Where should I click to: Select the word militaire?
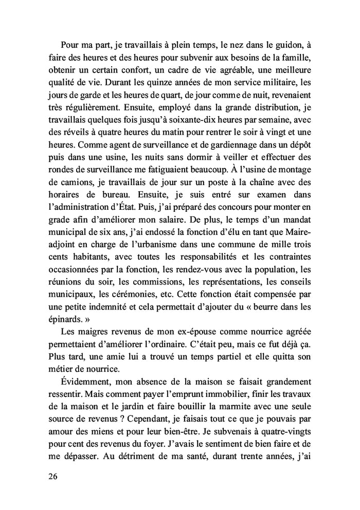(272, 82)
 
